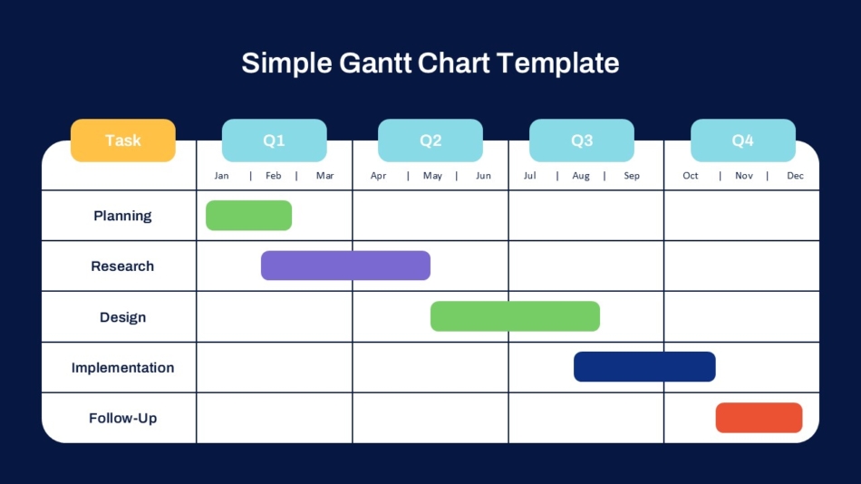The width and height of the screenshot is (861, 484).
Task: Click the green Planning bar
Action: coord(248,216)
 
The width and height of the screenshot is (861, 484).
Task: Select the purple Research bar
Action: coord(345,266)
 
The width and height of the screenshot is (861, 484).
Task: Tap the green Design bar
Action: coord(515,316)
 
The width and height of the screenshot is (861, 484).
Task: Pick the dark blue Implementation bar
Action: coord(644,367)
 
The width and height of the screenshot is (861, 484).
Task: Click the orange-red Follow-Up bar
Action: coord(759,418)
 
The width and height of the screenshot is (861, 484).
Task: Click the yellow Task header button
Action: coord(123,140)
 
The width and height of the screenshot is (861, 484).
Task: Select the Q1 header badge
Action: coord(274,140)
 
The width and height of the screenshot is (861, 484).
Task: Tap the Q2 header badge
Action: coord(430,140)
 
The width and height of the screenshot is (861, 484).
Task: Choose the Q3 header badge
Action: coord(582,140)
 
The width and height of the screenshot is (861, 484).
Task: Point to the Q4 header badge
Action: coord(742,140)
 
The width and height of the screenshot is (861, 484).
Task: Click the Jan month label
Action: coord(221,176)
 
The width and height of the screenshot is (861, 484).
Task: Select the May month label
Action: coord(432,176)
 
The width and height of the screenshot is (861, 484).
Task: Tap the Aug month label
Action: coord(581,176)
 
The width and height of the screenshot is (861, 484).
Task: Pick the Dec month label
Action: coord(795,176)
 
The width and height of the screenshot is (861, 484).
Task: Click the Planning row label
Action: coord(122,216)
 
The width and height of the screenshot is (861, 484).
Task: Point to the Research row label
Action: coord(122,266)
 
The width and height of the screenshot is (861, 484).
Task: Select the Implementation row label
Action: coord(122,368)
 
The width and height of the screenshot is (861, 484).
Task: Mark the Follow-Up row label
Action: coord(122,419)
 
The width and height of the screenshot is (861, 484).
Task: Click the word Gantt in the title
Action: coord(375,63)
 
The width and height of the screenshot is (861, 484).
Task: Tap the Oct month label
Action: coord(691,176)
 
